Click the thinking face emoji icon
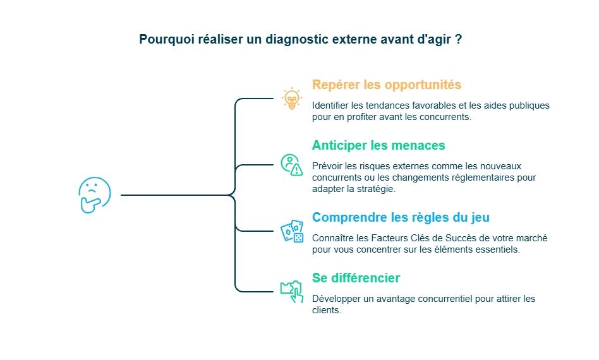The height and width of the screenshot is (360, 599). point(94,195)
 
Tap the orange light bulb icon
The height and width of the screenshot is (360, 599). point(291,99)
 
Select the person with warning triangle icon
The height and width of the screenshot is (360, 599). point(291,165)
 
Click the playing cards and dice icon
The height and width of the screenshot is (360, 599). point(292,231)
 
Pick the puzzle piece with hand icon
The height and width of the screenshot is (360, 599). point(291,291)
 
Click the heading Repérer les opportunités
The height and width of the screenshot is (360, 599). point(386,85)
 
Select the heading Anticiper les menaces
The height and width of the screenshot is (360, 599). point(378,145)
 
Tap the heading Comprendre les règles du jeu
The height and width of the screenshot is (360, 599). point(401,217)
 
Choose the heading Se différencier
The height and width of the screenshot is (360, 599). point(356,278)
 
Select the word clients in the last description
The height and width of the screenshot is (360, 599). point(326,310)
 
